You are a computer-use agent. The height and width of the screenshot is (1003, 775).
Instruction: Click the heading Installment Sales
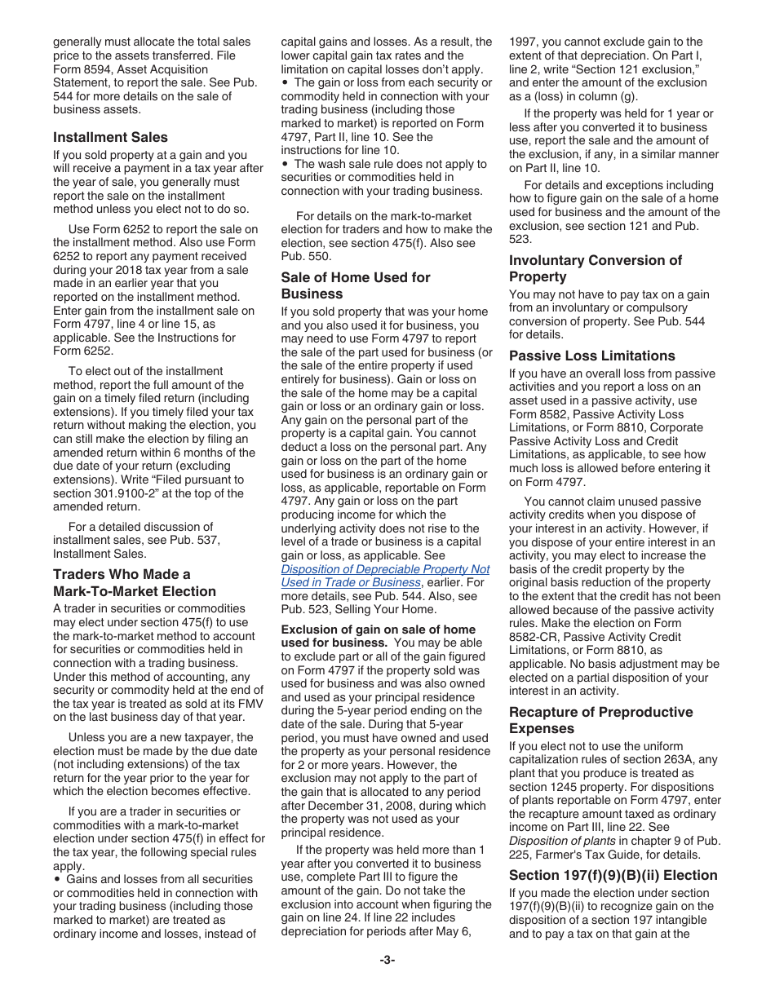tap(110, 137)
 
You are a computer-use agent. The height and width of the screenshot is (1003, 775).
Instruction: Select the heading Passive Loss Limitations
tap(591, 356)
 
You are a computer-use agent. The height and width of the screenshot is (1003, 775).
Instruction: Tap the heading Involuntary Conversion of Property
tap(596, 268)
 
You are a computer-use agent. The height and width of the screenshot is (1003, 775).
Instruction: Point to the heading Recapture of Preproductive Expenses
tap(600, 720)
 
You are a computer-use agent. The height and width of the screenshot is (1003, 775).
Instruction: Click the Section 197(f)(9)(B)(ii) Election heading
tap(613, 875)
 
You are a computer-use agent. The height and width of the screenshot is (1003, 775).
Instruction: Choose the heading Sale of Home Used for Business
tap(356, 285)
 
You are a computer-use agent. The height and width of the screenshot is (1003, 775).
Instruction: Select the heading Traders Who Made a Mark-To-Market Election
tap(135, 583)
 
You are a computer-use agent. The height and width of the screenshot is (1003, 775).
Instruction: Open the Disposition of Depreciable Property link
tap(385, 576)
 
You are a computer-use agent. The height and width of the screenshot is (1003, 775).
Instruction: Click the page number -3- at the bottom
tap(387, 960)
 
